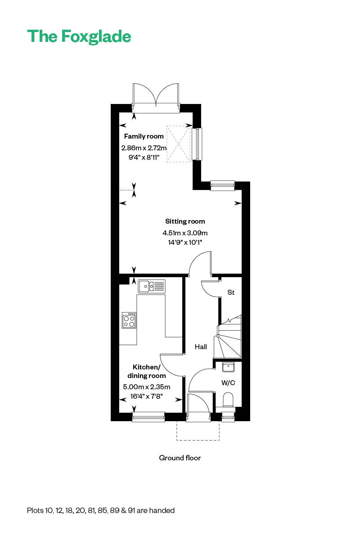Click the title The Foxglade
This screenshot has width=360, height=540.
[79, 36]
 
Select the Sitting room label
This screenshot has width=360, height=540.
[185, 221]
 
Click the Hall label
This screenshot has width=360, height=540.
[201, 347]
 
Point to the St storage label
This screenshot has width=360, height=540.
[231, 292]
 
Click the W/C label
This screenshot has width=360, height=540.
[228, 383]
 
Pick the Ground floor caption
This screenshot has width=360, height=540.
[180, 458]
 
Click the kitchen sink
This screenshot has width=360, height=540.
[152, 285]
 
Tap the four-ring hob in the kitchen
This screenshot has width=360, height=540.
[129, 320]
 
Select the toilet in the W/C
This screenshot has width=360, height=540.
[229, 400]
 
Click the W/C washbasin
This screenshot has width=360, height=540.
[229, 367]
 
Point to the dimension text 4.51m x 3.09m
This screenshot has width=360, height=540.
[185, 233]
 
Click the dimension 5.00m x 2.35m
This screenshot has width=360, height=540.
[147, 387]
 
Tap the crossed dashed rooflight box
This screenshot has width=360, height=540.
[179, 144]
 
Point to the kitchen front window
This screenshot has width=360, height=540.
[148, 418]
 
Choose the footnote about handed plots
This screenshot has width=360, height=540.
[101, 510]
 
